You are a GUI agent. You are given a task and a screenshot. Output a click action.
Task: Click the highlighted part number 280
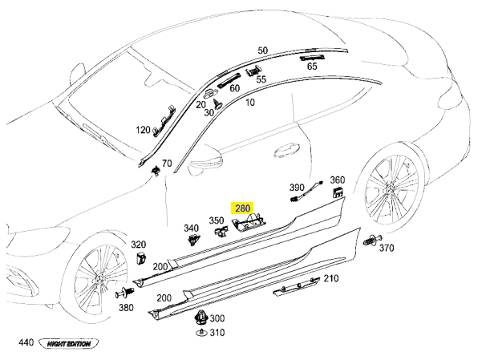pyautogui.click(x=241, y=207)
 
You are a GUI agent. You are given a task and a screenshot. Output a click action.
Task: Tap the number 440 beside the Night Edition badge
pyautogui.click(x=26, y=343)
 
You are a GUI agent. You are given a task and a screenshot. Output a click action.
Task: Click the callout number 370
pyautogui.click(x=387, y=248)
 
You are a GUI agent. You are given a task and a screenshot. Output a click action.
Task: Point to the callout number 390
pyautogui.click(x=296, y=186)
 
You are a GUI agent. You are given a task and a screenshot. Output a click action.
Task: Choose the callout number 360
pyautogui.click(x=337, y=180)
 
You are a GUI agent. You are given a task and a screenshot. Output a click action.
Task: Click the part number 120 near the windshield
pyautogui.click(x=143, y=130)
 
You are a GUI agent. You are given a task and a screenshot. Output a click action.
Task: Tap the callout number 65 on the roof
pyautogui.click(x=311, y=67)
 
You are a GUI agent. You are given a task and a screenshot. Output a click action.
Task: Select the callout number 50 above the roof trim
pyautogui.click(x=262, y=51)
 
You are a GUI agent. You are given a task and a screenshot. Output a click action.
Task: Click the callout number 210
pyautogui.click(x=330, y=278)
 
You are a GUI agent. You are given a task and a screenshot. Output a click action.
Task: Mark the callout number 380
pyautogui.click(x=125, y=307)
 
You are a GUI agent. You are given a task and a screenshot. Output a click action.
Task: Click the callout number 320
pyautogui.click(x=138, y=245)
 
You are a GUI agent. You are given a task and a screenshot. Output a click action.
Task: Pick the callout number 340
pyautogui.click(x=191, y=228)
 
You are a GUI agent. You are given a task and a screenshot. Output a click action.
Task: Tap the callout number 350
pyautogui.click(x=217, y=220)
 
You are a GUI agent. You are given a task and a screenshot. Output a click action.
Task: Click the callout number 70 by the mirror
pyautogui.click(x=167, y=164)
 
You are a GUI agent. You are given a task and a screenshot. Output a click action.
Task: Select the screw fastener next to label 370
pyautogui.click(x=370, y=240)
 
